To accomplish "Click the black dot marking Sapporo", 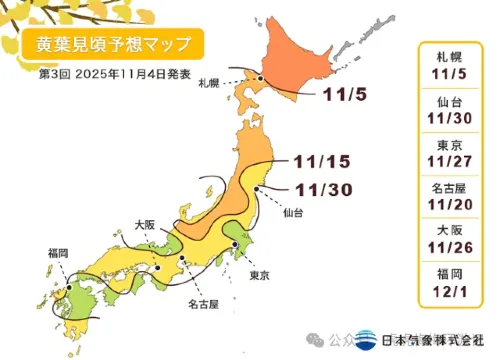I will pos(259,77).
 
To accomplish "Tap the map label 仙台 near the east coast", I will pos(294,214).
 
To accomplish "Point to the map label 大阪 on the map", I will pos(146,226).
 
